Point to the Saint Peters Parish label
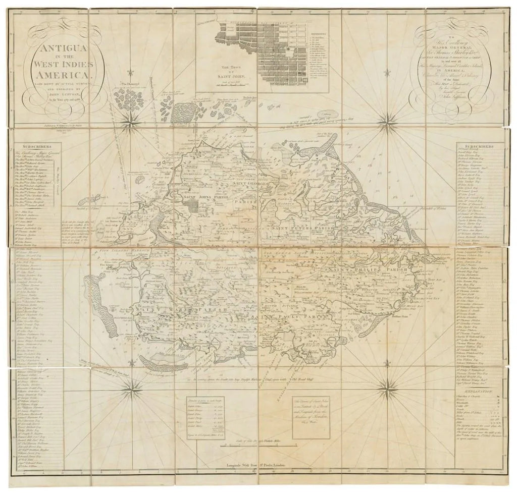[303, 229]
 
